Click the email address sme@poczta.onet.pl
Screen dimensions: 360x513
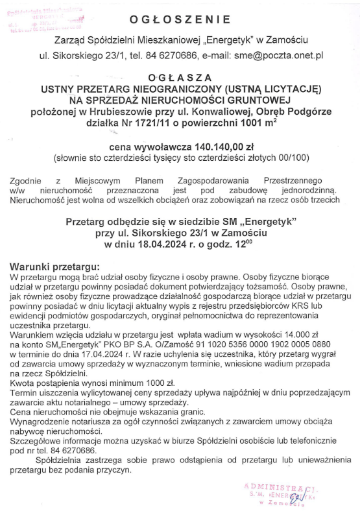[279, 56]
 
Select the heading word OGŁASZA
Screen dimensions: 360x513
[180, 75]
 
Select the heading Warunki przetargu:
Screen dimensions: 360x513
[56, 267]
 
